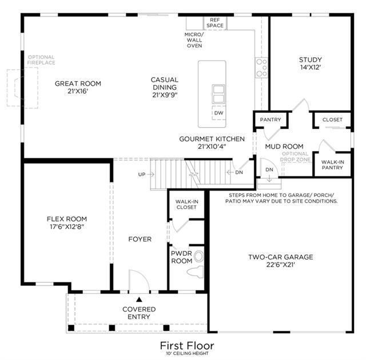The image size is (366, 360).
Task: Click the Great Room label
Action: (x=78, y=84)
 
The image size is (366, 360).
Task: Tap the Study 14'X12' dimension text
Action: (x=311, y=68)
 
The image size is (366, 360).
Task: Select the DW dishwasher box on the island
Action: (x=219, y=113)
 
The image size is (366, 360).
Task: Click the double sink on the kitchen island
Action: (x=218, y=94)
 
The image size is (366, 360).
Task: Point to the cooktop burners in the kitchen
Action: (x=261, y=68)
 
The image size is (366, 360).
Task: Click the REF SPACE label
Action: (x=215, y=23)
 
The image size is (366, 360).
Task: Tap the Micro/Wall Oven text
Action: (x=194, y=40)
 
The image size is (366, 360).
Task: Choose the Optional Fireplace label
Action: (x=41, y=60)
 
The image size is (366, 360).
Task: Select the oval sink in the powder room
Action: (x=199, y=256)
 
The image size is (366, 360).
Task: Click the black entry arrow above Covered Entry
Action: (x=139, y=299)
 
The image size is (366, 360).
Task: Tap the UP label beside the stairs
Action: (x=142, y=175)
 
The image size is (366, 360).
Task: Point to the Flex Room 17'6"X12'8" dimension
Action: (x=67, y=227)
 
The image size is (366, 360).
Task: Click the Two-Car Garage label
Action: (x=281, y=257)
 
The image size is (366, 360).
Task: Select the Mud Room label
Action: (x=284, y=147)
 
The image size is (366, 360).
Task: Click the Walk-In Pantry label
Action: (x=332, y=165)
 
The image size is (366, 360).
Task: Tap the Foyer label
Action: (x=140, y=239)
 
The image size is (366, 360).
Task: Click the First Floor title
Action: (x=187, y=346)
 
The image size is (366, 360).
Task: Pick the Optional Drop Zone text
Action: (x=295, y=156)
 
